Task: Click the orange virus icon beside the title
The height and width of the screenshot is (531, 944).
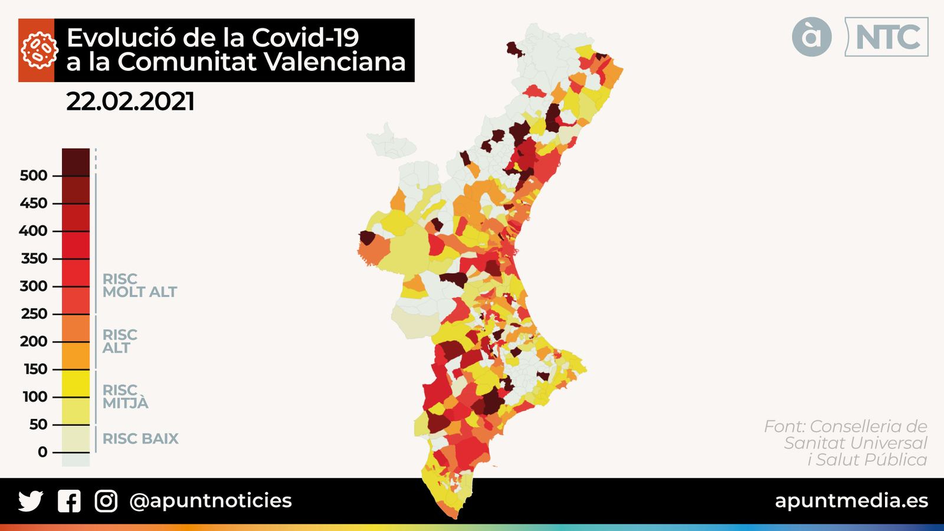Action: pos(37,50)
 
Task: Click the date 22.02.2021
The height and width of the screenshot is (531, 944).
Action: pos(130,101)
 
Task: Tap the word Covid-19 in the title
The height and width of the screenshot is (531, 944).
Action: pos(306,38)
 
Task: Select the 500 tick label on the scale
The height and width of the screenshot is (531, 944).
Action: pos(33,175)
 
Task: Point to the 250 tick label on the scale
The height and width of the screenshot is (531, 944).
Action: pos(34,314)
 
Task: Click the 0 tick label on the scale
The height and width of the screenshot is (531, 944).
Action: pos(42,452)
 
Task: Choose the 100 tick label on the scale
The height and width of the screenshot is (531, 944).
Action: pos(35,396)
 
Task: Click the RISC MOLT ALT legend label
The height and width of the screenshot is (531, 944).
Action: pos(139,286)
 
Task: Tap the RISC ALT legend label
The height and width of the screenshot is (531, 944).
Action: pos(119,341)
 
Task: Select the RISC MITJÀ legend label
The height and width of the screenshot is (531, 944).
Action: pos(125,396)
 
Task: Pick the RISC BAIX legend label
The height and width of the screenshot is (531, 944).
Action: pos(140,438)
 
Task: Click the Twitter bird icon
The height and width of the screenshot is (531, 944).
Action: pos(30,501)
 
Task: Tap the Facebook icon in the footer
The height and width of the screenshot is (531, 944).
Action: pos(69,501)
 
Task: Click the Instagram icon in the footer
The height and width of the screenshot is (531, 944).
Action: pos(106,501)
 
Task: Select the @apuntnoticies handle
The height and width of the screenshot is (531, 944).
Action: pos(210,500)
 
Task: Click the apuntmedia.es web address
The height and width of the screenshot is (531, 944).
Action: pos(851,500)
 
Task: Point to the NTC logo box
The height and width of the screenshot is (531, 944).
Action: pos(886,37)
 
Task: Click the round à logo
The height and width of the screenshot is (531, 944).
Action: pos(812,37)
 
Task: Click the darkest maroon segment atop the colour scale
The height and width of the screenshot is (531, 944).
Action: pos(76,162)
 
